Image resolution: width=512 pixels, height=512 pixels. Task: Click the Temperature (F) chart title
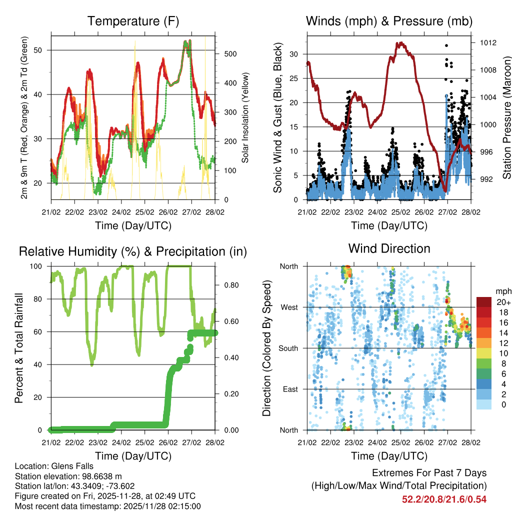click(x=133, y=21)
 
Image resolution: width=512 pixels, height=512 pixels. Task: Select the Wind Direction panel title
click(x=389, y=248)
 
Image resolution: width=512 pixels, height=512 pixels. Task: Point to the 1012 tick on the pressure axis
click(x=487, y=42)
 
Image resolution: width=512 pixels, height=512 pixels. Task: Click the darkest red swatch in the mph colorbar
click(x=483, y=301)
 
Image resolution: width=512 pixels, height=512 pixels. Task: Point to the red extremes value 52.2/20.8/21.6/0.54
click(x=444, y=499)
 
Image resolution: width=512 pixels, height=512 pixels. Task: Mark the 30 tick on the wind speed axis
click(x=294, y=54)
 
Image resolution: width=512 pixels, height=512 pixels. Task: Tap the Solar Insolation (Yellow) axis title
click(x=245, y=118)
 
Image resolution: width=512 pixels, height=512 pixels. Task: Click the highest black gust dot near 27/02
click(x=446, y=45)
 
